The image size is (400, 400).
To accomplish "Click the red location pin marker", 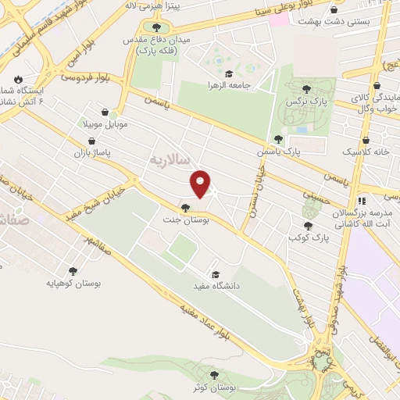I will (201, 184).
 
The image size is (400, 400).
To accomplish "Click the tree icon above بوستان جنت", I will (185, 206).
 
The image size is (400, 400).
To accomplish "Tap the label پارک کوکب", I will (305, 236).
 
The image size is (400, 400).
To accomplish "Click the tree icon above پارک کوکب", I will (306, 224).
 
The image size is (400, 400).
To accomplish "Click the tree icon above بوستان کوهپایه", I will (73, 271).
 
